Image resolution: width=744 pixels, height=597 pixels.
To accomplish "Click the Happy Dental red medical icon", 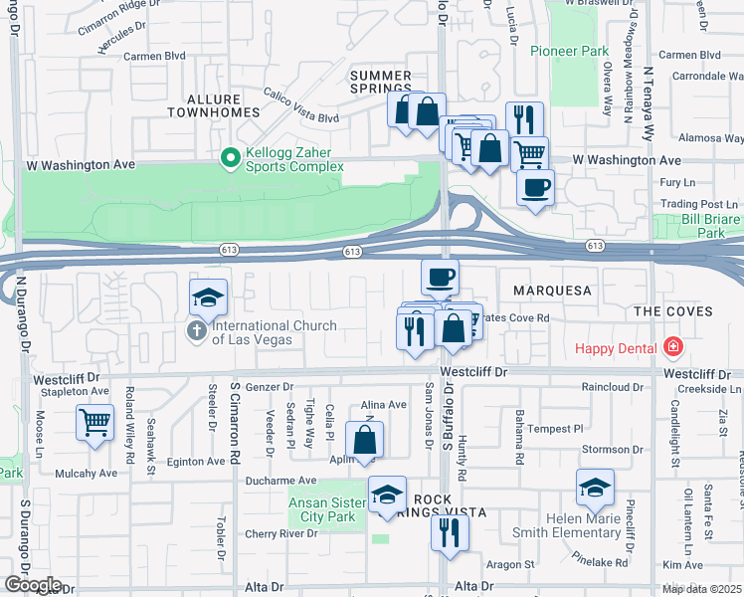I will (673, 347).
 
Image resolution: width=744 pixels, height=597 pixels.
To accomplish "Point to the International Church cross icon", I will (197, 331).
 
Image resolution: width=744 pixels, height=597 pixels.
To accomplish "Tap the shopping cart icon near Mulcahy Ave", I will (94, 422).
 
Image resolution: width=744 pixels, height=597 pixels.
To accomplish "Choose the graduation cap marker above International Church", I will (209, 297).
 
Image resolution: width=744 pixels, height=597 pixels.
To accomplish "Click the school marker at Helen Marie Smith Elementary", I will (594, 487).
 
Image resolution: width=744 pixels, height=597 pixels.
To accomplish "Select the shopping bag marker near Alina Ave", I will (365, 439).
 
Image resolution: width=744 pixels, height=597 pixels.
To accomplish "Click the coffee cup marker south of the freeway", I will (440, 277).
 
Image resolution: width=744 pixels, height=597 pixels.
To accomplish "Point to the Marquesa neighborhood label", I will (552, 292).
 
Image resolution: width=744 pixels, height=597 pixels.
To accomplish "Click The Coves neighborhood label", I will (674, 311).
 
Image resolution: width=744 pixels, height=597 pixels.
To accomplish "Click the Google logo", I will (33, 585).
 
